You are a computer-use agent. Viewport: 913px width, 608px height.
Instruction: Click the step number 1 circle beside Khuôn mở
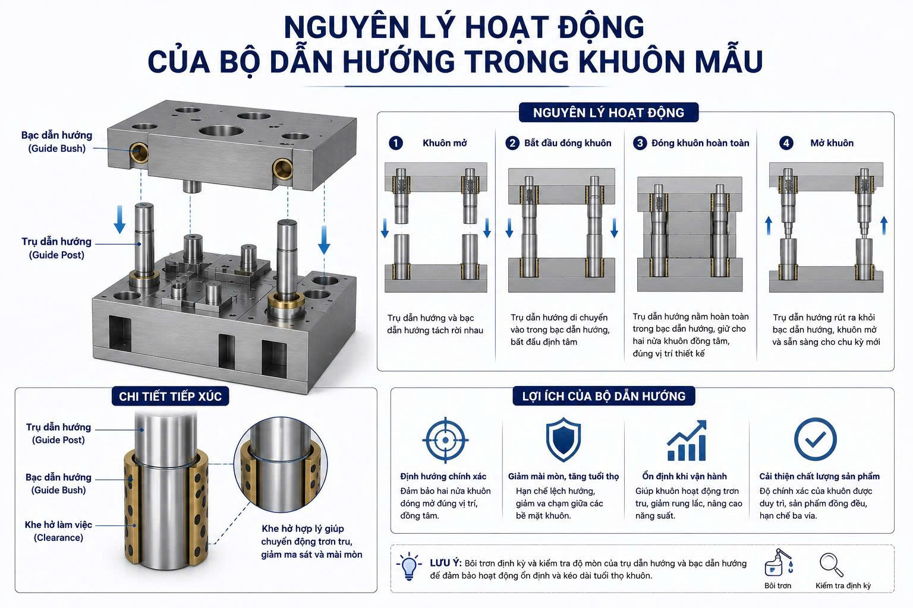pos(396,143)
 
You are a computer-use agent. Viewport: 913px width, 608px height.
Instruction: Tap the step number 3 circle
pos(640,143)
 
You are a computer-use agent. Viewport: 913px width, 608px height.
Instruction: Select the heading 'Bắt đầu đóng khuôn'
pos(568,143)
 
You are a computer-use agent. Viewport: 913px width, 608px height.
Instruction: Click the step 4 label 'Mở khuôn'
pos(832,143)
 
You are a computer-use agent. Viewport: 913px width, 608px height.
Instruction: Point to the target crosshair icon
pos(445,440)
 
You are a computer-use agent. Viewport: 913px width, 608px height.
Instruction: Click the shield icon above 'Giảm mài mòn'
pos(563,440)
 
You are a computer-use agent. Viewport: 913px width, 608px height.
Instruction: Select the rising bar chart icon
pos(687,440)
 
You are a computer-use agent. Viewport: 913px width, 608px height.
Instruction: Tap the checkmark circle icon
pos(815,439)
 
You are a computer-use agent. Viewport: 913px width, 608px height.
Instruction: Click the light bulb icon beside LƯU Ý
pos(408,566)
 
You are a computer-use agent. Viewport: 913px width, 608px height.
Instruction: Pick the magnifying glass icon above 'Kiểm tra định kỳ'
pos(831,565)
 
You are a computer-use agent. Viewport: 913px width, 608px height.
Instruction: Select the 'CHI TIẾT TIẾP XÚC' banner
pos(171,396)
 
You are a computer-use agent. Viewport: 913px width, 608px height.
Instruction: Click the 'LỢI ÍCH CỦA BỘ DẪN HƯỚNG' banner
pos(604,396)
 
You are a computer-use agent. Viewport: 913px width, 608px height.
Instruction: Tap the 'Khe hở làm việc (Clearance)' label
pos(58,531)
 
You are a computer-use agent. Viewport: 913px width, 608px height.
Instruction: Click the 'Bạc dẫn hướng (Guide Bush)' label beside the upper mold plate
pos(56,142)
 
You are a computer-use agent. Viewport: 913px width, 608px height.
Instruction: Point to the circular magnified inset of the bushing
pos(281,464)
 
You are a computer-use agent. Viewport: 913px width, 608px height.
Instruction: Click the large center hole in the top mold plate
pos(221,131)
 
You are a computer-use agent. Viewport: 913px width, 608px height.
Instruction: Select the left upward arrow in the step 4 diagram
pos(769,226)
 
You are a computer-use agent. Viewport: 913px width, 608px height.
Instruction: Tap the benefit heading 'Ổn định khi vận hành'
pos(684,476)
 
